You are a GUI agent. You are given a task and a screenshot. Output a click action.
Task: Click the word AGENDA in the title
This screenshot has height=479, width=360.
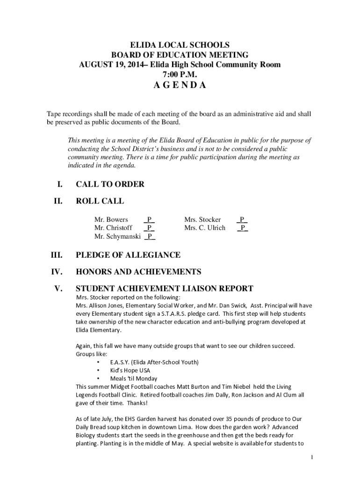[x=180, y=86]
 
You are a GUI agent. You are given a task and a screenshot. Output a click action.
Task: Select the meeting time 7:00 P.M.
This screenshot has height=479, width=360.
[x=180, y=74]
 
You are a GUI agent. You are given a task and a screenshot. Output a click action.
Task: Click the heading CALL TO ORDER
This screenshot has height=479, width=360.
[x=110, y=184]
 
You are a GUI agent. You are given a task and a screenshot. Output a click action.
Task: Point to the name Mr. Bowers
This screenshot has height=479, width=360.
[x=111, y=219]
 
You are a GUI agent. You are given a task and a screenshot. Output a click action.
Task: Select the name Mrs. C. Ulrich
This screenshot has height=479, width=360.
[x=205, y=228]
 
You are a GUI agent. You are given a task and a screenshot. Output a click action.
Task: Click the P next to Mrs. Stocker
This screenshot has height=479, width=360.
[x=242, y=219]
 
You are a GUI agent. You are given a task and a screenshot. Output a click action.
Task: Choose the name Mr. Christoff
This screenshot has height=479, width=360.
[x=113, y=228]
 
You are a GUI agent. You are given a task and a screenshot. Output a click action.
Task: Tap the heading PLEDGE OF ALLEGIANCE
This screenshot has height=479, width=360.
[x=128, y=255]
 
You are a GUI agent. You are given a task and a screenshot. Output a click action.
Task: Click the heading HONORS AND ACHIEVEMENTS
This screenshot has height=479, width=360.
[x=138, y=272]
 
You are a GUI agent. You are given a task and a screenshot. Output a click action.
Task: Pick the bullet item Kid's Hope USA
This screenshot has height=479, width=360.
[x=130, y=370]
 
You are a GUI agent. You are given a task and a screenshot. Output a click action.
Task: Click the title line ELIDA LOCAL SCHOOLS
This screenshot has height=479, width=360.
[x=180, y=45]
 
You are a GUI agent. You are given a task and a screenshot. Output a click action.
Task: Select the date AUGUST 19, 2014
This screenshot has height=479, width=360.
[x=112, y=65]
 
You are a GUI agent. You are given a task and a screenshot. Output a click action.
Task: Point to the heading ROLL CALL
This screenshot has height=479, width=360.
[x=100, y=201]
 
